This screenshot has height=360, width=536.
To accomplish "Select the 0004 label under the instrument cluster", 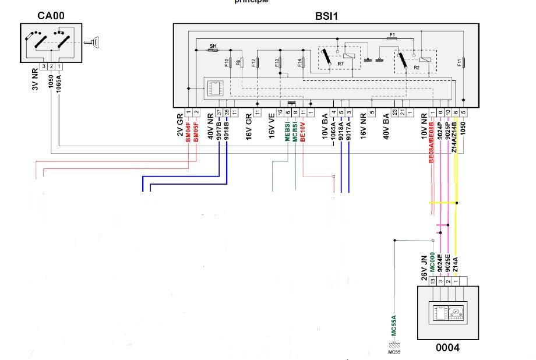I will tap(447, 348).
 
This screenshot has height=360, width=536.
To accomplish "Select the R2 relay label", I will tap(417, 68).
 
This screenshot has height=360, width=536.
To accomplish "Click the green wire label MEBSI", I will tap(288, 130).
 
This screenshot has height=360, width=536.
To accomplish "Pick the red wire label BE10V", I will tap(303, 130).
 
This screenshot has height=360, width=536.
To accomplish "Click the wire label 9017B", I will tap(219, 130).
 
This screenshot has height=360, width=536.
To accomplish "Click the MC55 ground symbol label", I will tap(394, 352).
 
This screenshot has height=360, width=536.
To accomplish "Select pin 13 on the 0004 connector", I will tap(432, 281).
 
